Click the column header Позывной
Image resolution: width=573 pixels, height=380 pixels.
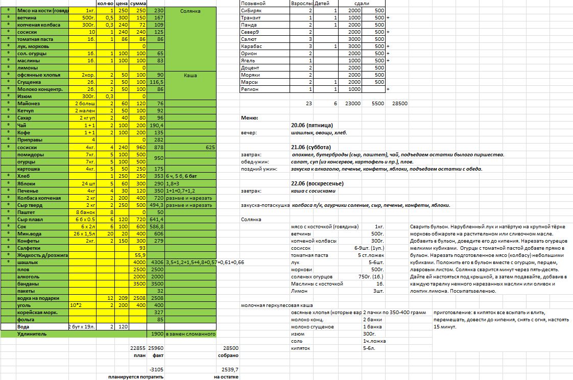(x=253, y=3)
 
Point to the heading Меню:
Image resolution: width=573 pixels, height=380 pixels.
(x=249, y=118)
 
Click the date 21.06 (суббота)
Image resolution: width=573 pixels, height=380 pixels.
(x=311, y=147)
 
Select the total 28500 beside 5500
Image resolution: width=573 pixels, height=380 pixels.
(x=399, y=103)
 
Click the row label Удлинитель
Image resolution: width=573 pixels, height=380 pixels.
(x=33, y=334)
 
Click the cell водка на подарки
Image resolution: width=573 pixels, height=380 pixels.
(x=38, y=298)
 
